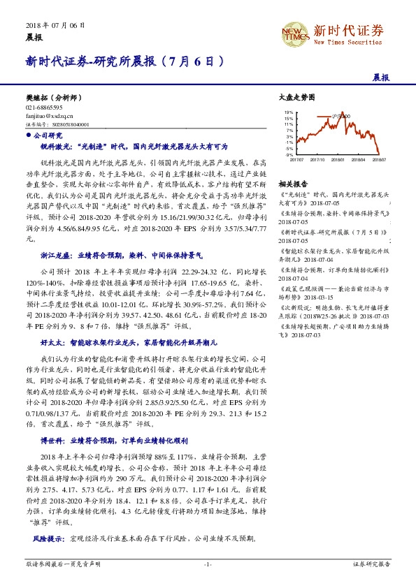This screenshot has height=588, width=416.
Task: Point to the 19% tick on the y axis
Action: pos(289,112)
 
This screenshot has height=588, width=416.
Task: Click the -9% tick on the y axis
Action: pos(289,154)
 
